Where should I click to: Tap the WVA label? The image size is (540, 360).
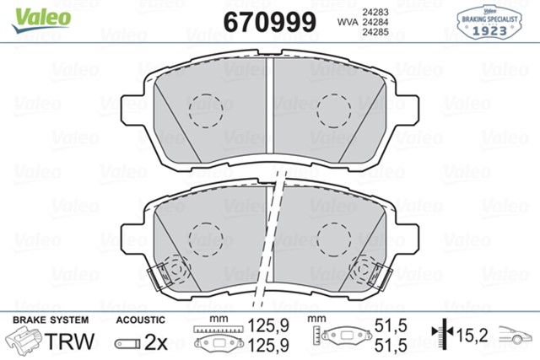point(348,21)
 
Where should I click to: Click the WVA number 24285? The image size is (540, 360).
point(375,33)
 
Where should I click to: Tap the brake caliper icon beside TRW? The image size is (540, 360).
point(26,341)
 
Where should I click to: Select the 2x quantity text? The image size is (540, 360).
point(156,341)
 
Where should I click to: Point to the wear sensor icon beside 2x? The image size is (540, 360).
point(127,342)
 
